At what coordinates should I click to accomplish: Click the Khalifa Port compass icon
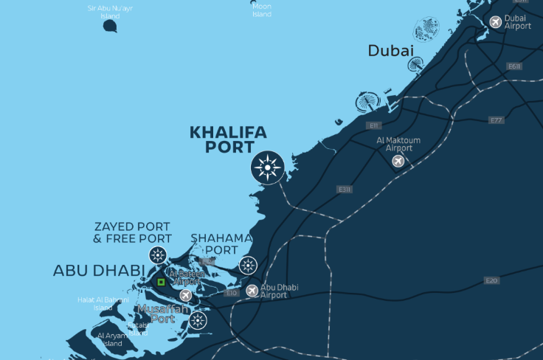[267, 168]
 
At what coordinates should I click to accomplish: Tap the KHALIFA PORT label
[228, 139]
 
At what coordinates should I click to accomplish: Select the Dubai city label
[390, 50]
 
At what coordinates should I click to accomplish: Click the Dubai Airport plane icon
[496, 22]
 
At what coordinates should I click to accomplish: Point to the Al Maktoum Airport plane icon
[398, 161]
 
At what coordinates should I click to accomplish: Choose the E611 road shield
[514, 66]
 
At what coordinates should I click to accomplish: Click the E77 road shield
[496, 120]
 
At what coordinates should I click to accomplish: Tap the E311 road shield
[344, 190]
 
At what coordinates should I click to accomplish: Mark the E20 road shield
[492, 280]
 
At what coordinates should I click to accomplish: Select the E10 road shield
[232, 293]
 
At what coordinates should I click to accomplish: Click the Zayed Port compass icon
[157, 256]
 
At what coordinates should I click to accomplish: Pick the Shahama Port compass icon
[248, 266]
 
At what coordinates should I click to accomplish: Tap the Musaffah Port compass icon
[197, 320]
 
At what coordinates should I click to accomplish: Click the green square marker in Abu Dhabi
[161, 282]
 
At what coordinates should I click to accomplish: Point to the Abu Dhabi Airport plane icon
[252, 291]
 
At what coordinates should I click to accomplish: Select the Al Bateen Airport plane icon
[186, 295]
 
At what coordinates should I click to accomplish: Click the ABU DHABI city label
[99, 271]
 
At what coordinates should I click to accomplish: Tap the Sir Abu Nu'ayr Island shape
[110, 27]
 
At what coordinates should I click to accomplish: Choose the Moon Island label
[262, 10]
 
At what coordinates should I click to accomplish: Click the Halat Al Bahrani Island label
[103, 303]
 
